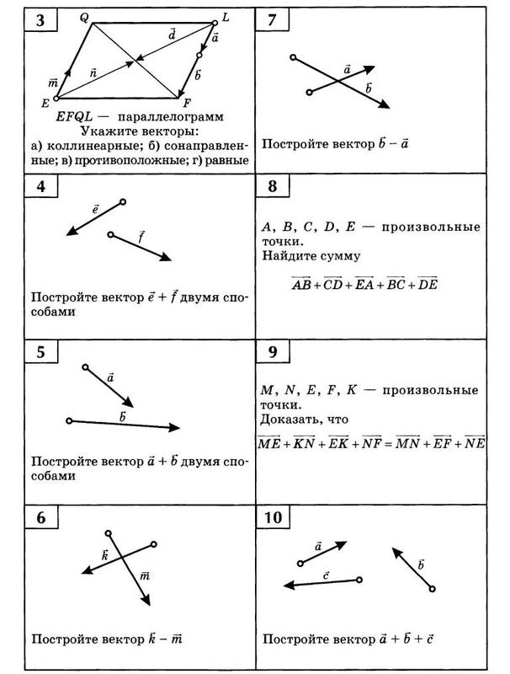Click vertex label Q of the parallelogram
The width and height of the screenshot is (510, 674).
tap(83, 17)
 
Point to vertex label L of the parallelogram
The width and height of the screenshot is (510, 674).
tap(226, 16)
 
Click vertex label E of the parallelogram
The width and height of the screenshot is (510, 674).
tap(45, 103)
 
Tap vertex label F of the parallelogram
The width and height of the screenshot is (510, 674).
tap(187, 104)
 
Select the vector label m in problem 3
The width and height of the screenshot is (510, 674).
tap(53, 82)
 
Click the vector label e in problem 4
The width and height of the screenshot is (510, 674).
tap(95, 207)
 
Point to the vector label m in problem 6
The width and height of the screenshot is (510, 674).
tap(144, 576)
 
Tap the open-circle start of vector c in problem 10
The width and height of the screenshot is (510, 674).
tap(359, 580)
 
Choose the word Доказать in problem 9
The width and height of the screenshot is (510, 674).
tap(291, 419)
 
